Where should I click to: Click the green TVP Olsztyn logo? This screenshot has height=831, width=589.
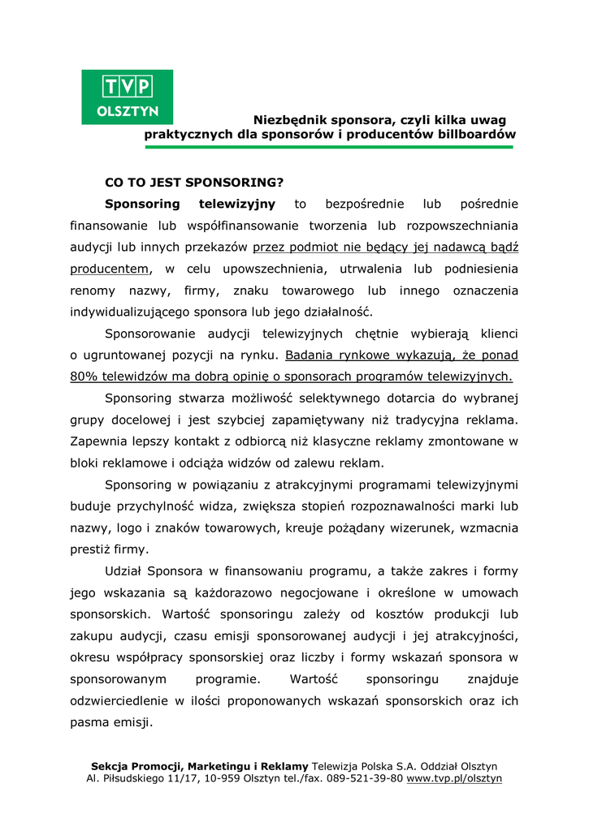tap(127, 97)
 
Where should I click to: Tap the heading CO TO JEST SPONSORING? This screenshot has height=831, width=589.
tap(194, 182)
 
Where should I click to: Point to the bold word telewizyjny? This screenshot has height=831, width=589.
tap(236, 204)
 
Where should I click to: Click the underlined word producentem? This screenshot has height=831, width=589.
tap(110, 269)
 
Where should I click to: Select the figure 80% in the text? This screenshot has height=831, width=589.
tap(83, 376)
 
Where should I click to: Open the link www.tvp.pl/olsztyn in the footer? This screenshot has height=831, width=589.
tap(454, 778)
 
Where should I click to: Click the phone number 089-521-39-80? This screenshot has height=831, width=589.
tap(362, 778)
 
